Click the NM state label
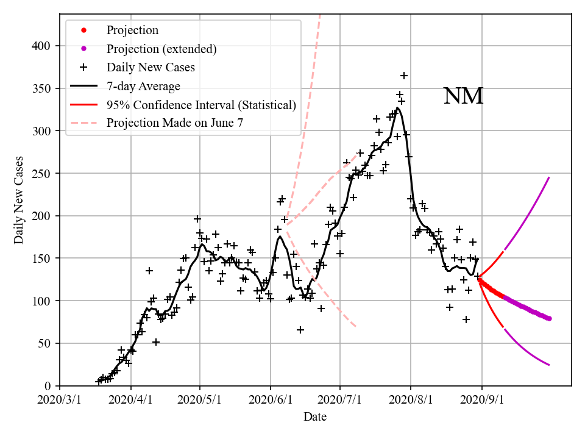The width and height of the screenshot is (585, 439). click(x=463, y=96)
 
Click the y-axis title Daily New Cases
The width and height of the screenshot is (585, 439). click(x=19, y=199)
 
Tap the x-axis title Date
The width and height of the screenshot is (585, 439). click(x=315, y=417)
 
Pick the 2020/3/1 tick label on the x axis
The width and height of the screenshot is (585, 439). click(x=60, y=401)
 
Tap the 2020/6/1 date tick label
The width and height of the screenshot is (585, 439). click(x=271, y=401)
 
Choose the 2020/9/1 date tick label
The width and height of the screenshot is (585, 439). click(x=482, y=401)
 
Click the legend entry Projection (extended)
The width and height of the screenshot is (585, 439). click(x=161, y=49)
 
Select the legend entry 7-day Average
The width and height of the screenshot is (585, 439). click(x=143, y=86)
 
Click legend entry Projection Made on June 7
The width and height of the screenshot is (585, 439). click(x=175, y=123)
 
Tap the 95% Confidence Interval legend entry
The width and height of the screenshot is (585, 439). click(x=201, y=104)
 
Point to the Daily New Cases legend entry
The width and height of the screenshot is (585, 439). click(x=151, y=67)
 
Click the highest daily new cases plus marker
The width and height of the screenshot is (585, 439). click(x=404, y=76)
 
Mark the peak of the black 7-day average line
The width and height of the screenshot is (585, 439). click(x=397, y=108)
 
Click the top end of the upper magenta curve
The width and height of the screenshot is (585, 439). click(x=549, y=177)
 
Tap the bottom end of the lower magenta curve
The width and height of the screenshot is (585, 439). click(x=549, y=365)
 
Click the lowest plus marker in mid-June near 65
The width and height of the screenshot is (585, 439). click(x=300, y=330)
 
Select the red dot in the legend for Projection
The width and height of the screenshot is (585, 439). click(x=83, y=30)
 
